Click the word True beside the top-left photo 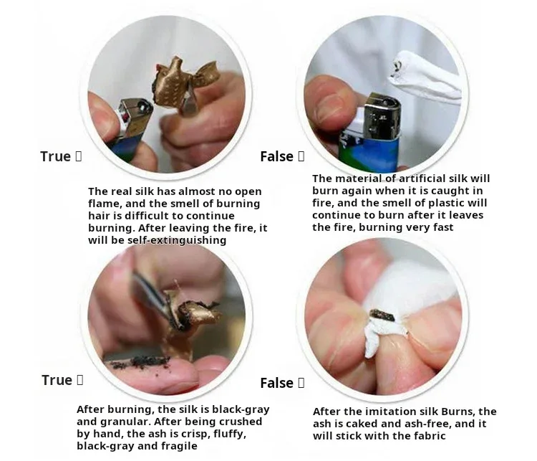(x=55, y=156)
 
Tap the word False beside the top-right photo (x=276, y=156)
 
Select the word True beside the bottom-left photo (x=57, y=380)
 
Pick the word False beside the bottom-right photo (x=276, y=383)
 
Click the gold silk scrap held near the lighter (x=182, y=82)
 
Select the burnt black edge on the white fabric (x=382, y=315)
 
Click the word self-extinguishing (x=177, y=240)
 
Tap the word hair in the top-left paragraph (x=98, y=216)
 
